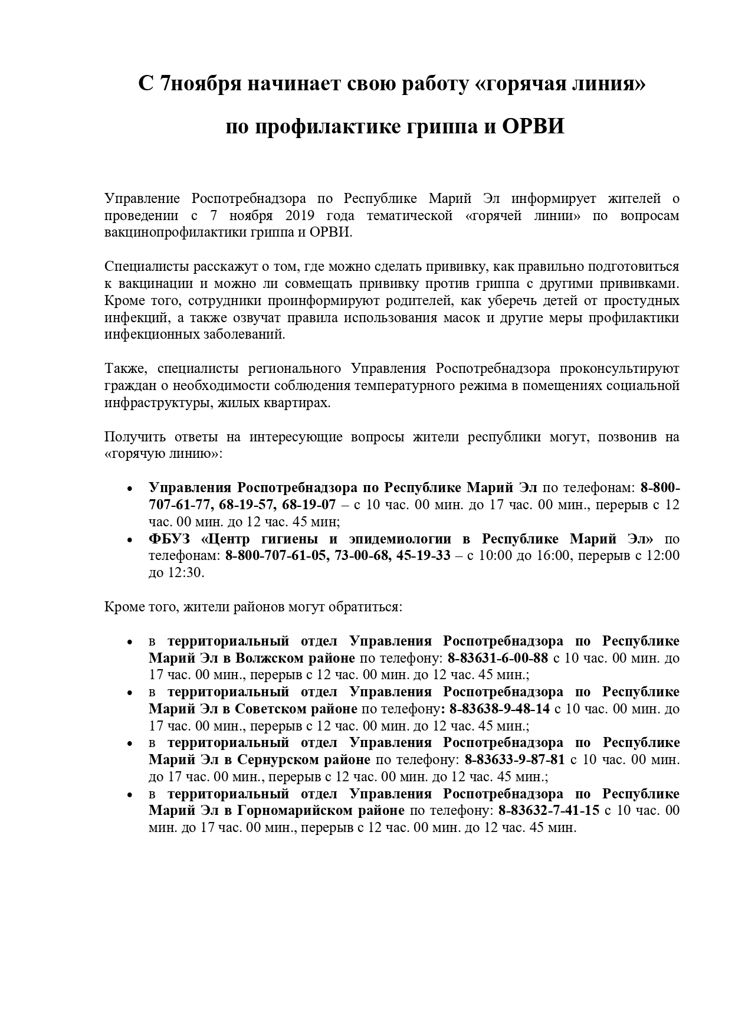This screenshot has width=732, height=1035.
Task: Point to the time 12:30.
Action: [x=184, y=572]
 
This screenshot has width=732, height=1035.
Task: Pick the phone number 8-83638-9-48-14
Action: [x=500, y=709]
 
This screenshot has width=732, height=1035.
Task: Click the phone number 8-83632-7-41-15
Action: [x=549, y=810]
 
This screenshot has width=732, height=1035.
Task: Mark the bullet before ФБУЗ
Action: [x=130, y=540]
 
